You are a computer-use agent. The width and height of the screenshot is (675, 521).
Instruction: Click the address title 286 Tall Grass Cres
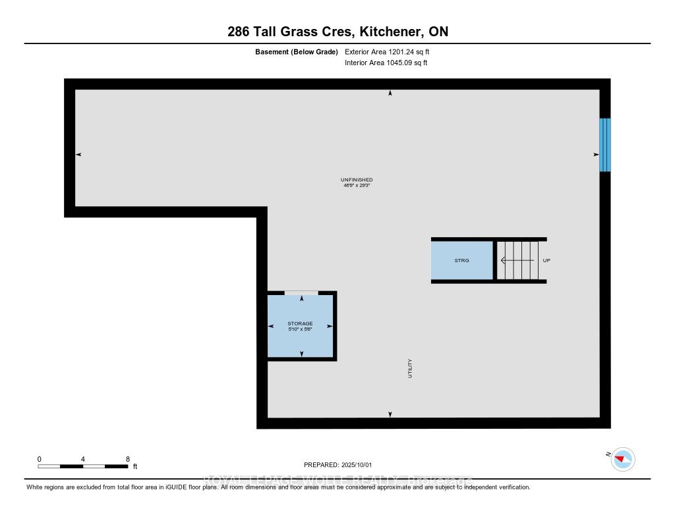coord(337,32)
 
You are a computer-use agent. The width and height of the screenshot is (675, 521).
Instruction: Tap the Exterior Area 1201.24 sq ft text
coord(387,51)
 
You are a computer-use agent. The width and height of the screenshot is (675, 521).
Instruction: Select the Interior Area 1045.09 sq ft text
coord(386,63)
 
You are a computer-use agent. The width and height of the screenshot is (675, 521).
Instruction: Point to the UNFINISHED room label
coord(357,180)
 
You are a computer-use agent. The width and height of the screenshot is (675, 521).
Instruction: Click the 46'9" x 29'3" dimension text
coord(357,186)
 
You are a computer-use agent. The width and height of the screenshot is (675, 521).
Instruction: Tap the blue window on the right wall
coord(604,145)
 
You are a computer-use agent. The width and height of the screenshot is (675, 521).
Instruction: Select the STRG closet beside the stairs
coord(461,261)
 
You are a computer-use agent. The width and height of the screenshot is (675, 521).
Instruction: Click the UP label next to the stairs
coord(546,261)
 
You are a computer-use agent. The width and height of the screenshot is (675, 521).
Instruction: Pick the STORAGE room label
coord(300,323)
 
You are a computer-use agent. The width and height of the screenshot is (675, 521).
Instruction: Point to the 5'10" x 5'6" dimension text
coord(300,329)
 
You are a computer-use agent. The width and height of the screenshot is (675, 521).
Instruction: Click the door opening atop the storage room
coord(301,292)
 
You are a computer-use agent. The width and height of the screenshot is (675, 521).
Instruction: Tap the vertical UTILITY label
coord(409,368)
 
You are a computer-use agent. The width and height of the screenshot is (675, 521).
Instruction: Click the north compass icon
coord(623,458)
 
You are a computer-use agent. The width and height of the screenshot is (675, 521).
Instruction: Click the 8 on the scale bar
coord(127,458)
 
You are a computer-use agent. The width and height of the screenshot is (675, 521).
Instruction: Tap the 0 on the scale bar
coord(40,458)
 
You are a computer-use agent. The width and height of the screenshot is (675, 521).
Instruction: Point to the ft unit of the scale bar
coord(135,466)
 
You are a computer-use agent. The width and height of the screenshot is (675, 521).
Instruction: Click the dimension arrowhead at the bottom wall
coord(390,414)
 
